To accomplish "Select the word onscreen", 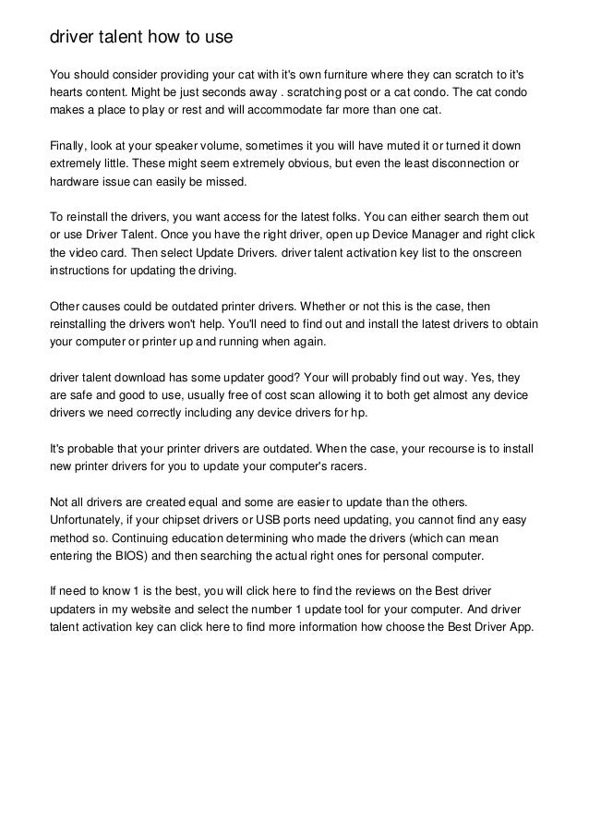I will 497,254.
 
